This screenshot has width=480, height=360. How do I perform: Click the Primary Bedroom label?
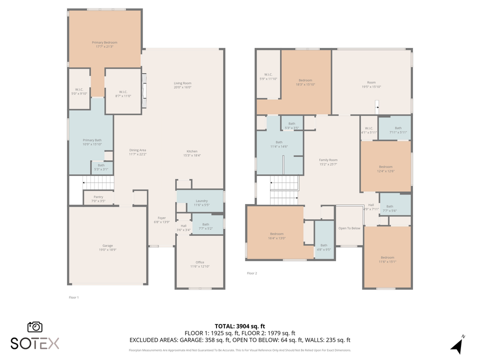(x=104, y=43)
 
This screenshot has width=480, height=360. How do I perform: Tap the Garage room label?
(x=107, y=245)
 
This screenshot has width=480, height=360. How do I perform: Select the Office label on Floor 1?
(x=199, y=262)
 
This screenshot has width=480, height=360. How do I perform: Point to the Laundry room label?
(x=201, y=201)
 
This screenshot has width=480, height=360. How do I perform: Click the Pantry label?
(x=97, y=197)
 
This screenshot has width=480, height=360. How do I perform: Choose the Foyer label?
(x=161, y=218)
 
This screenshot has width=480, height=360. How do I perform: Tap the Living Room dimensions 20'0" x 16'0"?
(x=182, y=87)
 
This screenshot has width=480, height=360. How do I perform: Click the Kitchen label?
(x=192, y=151)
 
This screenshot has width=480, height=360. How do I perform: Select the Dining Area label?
(x=137, y=150)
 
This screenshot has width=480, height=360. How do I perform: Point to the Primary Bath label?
(x=92, y=140)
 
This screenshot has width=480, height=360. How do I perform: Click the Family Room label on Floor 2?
(x=328, y=160)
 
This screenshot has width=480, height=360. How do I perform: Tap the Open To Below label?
(x=349, y=228)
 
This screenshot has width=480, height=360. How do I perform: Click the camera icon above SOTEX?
(x=35, y=326)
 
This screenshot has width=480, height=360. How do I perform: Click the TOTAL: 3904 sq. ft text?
(x=239, y=326)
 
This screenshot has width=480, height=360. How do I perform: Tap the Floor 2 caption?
(x=252, y=273)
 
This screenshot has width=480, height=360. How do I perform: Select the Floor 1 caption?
(x=73, y=297)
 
